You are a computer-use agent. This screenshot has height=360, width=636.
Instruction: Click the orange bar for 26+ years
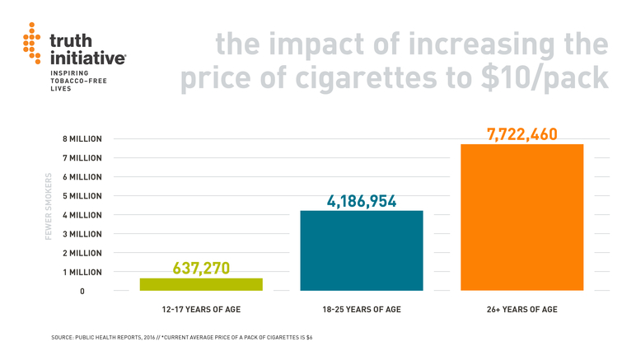[x=521, y=217]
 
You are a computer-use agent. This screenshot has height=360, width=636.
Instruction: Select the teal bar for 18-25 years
[x=362, y=250]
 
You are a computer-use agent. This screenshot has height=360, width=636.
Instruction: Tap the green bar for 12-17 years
[x=201, y=284]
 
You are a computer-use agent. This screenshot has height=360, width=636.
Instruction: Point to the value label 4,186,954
[x=363, y=200]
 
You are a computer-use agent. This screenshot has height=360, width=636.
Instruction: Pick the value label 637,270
[x=201, y=268]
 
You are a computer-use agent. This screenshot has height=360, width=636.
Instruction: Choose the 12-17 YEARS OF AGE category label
[x=201, y=310]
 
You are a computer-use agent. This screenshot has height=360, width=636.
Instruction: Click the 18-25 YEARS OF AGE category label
[x=362, y=310]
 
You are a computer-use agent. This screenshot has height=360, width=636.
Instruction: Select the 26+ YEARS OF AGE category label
[x=521, y=310]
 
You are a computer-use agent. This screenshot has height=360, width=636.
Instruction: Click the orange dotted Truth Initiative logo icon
[x=31, y=47]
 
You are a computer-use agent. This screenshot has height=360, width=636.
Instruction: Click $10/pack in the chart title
[x=550, y=79]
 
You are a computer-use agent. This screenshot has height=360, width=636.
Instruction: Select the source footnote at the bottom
[x=181, y=338]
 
